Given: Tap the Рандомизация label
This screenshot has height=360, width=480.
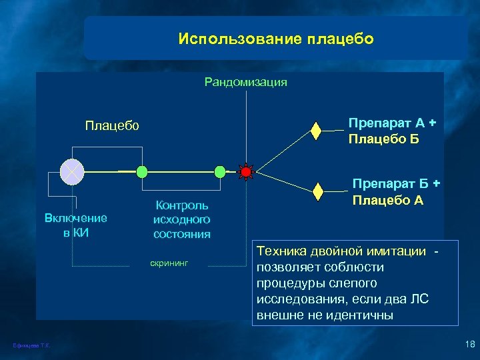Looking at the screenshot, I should click(245, 82).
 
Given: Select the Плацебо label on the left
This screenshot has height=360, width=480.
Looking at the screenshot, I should click(112, 125).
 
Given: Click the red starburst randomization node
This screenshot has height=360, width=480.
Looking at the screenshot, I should click(246, 172).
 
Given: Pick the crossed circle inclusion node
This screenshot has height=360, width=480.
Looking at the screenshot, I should click(71, 172).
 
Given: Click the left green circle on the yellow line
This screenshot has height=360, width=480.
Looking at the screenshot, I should click(141, 172).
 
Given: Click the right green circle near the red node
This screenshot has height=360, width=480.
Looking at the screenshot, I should click(220, 172).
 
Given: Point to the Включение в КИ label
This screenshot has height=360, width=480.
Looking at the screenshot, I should click(75, 225).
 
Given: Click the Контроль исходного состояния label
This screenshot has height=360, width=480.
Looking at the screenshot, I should click(181, 219).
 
